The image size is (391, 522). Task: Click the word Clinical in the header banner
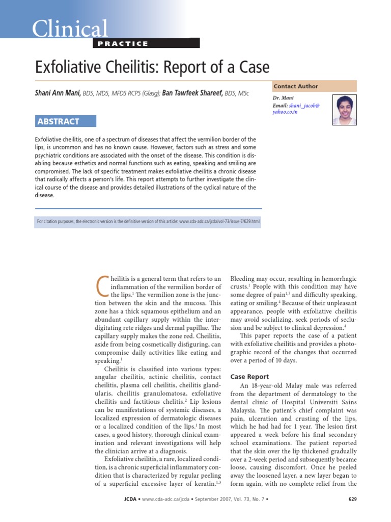pyautogui.click(x=70, y=29)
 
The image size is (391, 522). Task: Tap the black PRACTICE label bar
pyautogui.click(x=146, y=43)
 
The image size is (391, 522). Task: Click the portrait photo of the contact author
pyautogui.click(x=345, y=110)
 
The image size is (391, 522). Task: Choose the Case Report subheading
pyautogui.click(x=250, y=377)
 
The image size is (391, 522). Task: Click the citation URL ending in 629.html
pyautogui.click(x=209, y=222)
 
